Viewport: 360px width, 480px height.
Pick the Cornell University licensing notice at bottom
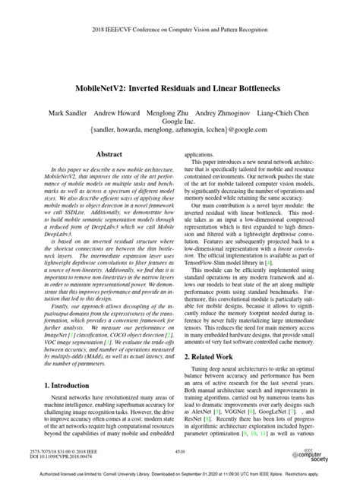(x=180, y=474)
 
